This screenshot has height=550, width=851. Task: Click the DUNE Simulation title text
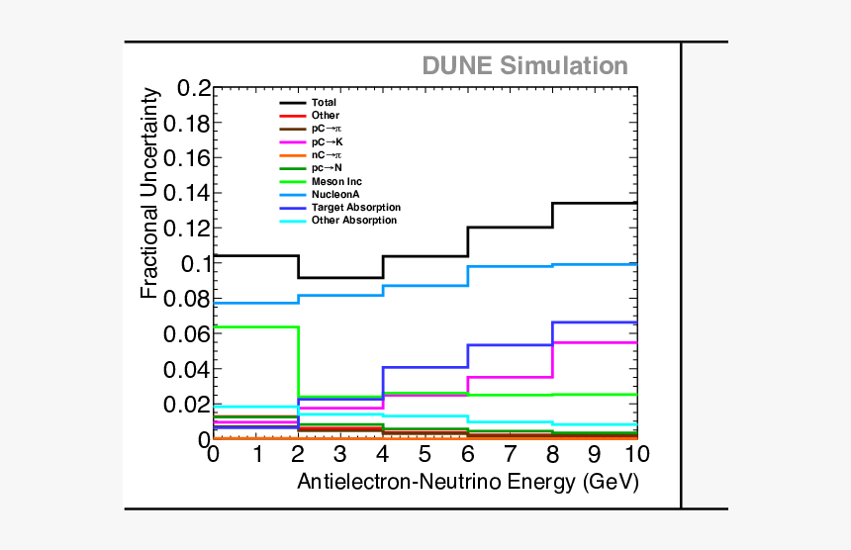[524, 65]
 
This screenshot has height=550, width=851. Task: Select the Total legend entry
[324, 102]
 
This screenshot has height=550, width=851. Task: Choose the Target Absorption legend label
[355, 207]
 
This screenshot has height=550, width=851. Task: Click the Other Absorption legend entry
[353, 220]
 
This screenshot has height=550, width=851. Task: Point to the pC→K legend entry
[327, 141]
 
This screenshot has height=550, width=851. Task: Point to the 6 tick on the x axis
[466, 454]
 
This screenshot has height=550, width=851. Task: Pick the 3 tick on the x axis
[339, 454]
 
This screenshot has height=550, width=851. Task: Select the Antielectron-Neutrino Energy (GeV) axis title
[468, 482]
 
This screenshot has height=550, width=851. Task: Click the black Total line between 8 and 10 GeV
[594, 203]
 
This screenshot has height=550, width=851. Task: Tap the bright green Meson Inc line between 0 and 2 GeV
[254, 326]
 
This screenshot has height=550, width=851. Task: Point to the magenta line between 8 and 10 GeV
[594, 342]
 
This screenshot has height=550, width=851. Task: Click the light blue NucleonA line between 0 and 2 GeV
[254, 303]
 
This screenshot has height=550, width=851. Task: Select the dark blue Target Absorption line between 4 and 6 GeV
[425, 367]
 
